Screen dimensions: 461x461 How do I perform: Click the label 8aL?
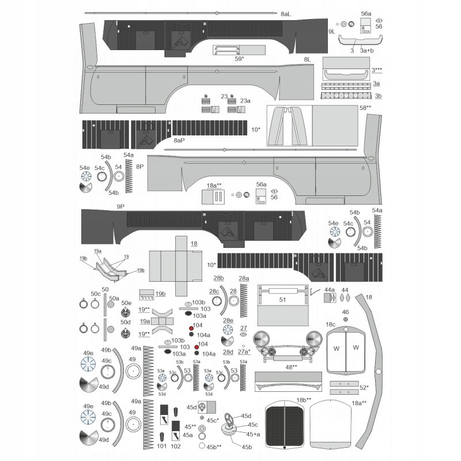tap(286, 13)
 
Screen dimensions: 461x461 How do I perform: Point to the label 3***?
tap(377, 70)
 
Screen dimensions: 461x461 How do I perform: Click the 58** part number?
tap(365, 108)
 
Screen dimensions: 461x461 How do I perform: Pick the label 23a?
tap(245, 100)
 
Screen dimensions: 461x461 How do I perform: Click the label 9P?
tap(120, 206)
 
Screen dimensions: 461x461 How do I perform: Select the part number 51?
tap(282, 300)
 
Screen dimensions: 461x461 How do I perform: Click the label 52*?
tap(364, 388)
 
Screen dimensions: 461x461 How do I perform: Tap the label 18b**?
tap(304, 400)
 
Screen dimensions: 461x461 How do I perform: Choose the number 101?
tap(162, 446)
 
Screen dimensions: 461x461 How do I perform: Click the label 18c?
tap(331, 325)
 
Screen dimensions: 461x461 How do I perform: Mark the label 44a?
tap(330, 290)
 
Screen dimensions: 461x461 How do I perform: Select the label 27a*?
tap(244, 351)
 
